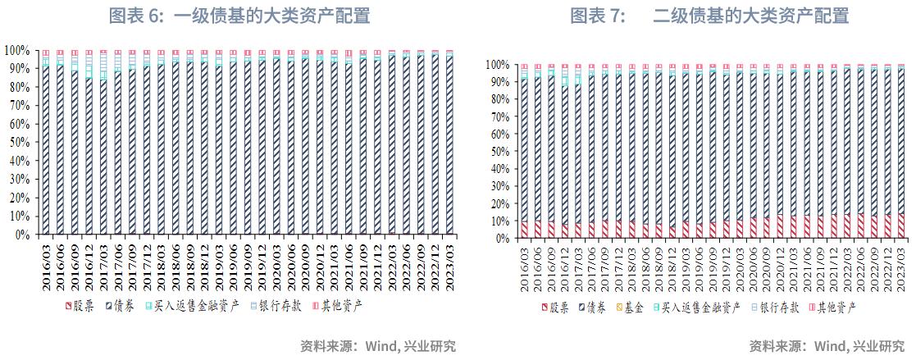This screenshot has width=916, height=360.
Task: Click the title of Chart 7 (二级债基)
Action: pos(709,16)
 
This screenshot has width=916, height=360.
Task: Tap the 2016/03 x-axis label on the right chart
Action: pos(524,266)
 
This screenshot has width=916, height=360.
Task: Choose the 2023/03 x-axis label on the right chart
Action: pos(901,266)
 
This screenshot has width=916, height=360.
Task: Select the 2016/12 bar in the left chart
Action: pos(89,148)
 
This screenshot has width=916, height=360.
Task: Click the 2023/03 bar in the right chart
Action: pos(900,152)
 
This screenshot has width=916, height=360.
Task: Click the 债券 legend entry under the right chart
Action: pos(594,308)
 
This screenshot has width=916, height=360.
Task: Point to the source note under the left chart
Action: pos(378,346)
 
